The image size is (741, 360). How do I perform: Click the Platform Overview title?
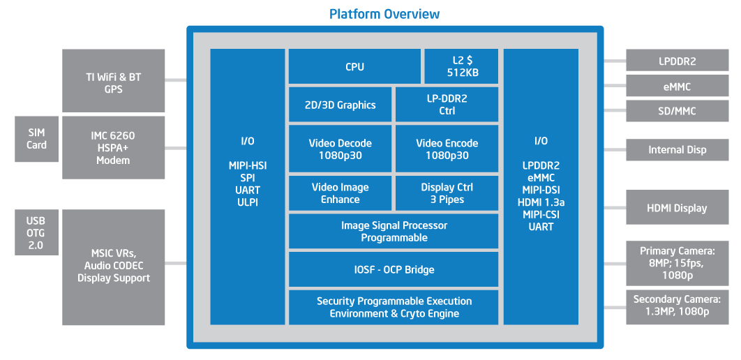click(x=384, y=14)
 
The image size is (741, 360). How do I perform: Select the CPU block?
click(x=354, y=66)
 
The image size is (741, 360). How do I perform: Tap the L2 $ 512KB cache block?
click(x=461, y=66)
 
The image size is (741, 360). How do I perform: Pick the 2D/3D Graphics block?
click(x=340, y=105)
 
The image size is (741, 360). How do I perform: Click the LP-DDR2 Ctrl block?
click(x=447, y=105)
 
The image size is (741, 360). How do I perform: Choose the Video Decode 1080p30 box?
click(x=340, y=149)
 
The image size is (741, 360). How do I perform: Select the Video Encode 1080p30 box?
click(x=447, y=149)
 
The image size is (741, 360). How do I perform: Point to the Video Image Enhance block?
click(x=340, y=193)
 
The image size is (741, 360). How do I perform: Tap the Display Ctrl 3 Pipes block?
click(x=447, y=193)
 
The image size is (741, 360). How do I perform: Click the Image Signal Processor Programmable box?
click(x=394, y=231)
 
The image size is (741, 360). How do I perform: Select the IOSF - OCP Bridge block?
click(x=394, y=269)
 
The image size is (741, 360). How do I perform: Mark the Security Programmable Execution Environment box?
click(x=394, y=307)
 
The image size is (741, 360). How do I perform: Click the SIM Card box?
click(x=36, y=139)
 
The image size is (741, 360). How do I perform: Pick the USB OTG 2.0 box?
click(x=36, y=232)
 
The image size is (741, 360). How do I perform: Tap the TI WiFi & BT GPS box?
click(x=114, y=81)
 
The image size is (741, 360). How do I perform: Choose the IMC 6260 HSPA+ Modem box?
click(x=114, y=147)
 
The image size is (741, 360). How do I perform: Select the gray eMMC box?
click(x=678, y=87)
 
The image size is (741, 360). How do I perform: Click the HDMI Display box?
click(x=678, y=207)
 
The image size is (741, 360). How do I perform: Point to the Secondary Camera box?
click(x=678, y=307)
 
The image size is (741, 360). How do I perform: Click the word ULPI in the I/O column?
click(x=248, y=203)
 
